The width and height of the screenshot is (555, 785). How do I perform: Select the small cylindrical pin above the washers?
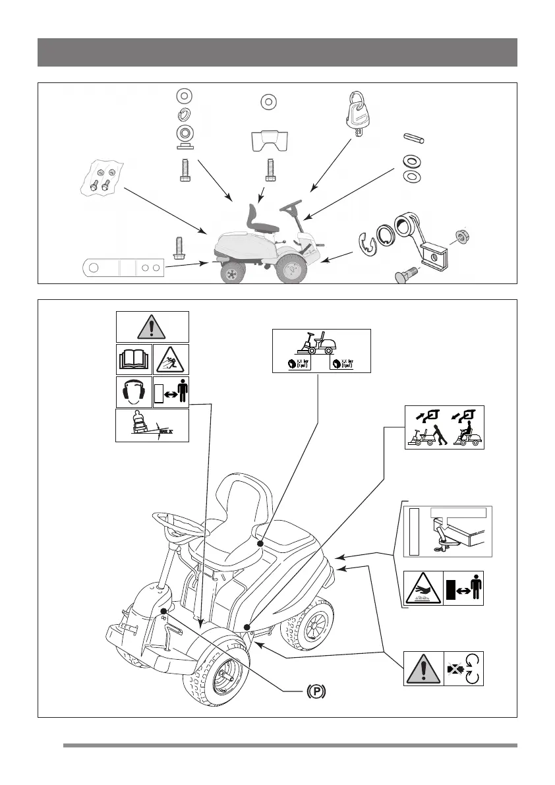click(x=413, y=140)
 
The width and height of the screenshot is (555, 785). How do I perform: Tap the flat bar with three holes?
click(x=123, y=269)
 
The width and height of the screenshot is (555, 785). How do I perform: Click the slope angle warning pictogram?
click(x=152, y=426)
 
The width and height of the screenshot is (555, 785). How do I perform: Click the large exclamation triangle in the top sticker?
click(x=153, y=327)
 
